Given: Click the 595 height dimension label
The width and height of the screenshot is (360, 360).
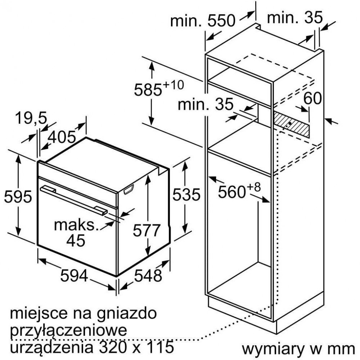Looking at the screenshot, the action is pyautogui.click(x=18, y=197).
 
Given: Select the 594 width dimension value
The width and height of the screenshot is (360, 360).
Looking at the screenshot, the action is pyautogui.click(x=74, y=275).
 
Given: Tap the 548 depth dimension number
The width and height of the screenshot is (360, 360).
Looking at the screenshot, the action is pyautogui.click(x=148, y=275).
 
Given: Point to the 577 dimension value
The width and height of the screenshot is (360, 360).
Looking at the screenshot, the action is pyautogui.click(x=146, y=230).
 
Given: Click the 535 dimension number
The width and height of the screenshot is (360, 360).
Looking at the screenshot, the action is pyautogui.click(x=186, y=194).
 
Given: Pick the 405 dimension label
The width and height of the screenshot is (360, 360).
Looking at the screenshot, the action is pyautogui.click(x=62, y=137).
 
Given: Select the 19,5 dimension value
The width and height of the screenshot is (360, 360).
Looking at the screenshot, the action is pyautogui.click(x=31, y=118).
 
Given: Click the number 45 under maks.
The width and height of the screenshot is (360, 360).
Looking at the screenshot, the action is pyautogui.click(x=76, y=240).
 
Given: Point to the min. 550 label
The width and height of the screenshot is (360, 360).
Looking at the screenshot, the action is pyautogui.click(x=203, y=21).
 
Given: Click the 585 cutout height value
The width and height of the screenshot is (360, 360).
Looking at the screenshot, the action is pyautogui.click(x=148, y=90).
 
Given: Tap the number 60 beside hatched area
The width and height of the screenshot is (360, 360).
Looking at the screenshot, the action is pyautogui.click(x=312, y=98).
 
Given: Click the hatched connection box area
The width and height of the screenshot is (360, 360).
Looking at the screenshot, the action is pyautogui.click(x=292, y=125).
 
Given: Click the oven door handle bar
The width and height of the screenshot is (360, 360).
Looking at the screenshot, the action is pyautogui.click(x=73, y=199).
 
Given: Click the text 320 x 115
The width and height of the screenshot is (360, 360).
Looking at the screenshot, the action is pyautogui.click(x=135, y=347).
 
